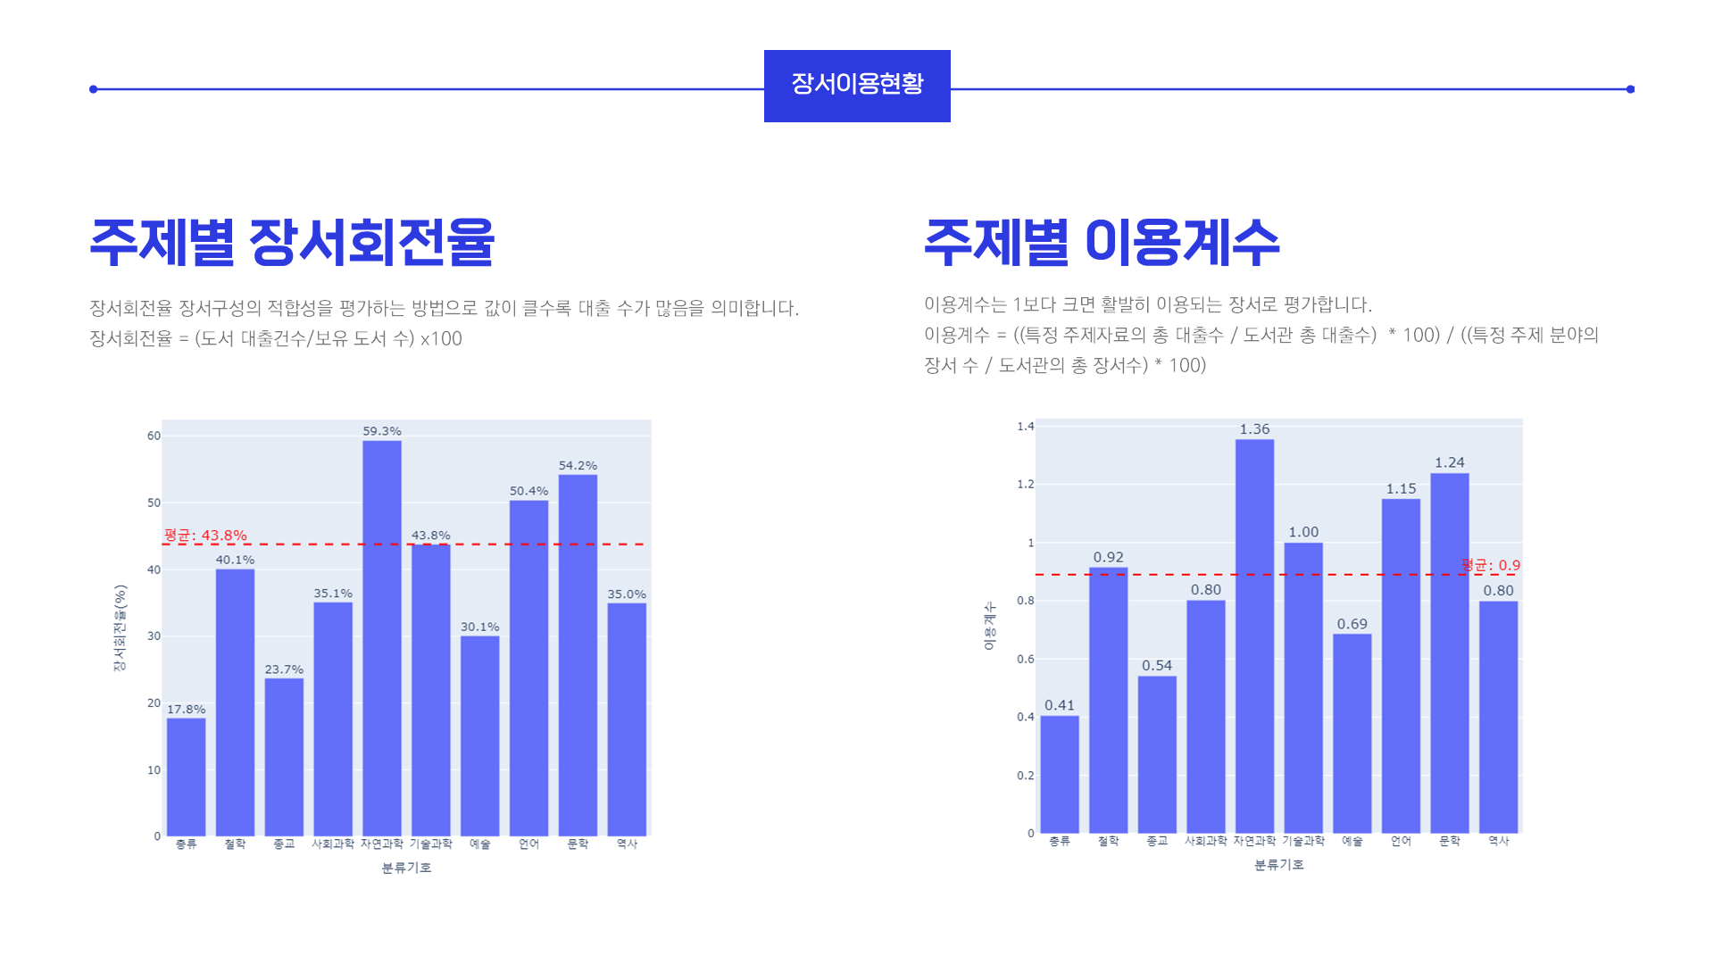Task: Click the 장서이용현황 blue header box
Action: (x=857, y=86)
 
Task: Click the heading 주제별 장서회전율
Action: (x=292, y=242)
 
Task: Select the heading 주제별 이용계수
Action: (x=1102, y=242)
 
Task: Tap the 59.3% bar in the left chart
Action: (x=382, y=638)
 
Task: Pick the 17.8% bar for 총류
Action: (x=186, y=777)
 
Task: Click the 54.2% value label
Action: (x=578, y=465)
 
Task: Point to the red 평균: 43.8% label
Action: (x=205, y=536)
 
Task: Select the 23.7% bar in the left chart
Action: (x=284, y=757)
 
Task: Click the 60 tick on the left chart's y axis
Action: (x=154, y=436)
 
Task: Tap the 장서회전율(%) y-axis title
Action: (x=120, y=627)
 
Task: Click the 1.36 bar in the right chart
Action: (x=1254, y=636)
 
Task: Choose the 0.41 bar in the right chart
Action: (x=1060, y=774)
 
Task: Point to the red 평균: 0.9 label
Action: (x=1491, y=565)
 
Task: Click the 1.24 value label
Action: (x=1449, y=462)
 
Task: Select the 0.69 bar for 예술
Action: (x=1352, y=733)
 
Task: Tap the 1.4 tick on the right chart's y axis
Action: (x=1025, y=427)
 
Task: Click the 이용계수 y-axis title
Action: (x=989, y=626)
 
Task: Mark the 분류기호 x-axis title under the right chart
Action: (x=1278, y=865)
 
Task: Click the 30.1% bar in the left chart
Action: (x=479, y=735)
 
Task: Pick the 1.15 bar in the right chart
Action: (x=1401, y=666)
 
